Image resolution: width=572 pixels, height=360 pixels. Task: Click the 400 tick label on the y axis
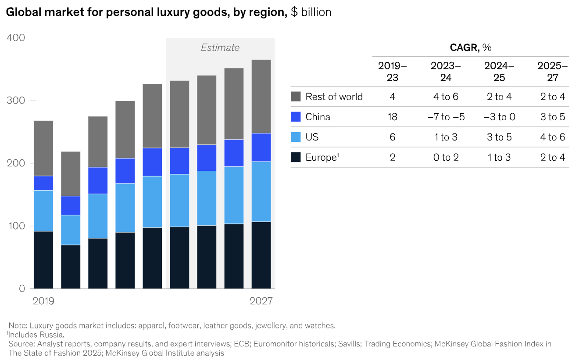click(15, 38)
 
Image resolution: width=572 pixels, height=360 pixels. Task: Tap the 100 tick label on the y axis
click(15, 226)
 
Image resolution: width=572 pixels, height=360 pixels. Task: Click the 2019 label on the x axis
click(44, 301)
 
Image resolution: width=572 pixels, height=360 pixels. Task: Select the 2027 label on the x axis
click(261, 301)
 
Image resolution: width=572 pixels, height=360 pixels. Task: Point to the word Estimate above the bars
click(220, 48)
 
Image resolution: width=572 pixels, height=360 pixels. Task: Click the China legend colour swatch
click(296, 117)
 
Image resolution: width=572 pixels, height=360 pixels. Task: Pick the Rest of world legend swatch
click(296, 97)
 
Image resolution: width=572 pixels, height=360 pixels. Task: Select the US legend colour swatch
click(296, 137)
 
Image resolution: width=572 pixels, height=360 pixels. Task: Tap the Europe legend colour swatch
click(296, 157)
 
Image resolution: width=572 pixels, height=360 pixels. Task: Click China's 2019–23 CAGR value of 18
click(392, 117)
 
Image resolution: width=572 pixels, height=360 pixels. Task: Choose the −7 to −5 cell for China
click(446, 117)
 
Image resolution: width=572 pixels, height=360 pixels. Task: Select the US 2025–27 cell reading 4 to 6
click(553, 137)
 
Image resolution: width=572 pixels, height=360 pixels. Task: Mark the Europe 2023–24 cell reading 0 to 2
click(446, 157)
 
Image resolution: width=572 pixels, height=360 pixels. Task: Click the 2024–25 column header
click(499, 72)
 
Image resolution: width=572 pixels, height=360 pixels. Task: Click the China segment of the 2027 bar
click(261, 148)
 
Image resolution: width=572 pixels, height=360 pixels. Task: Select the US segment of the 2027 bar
click(261, 192)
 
